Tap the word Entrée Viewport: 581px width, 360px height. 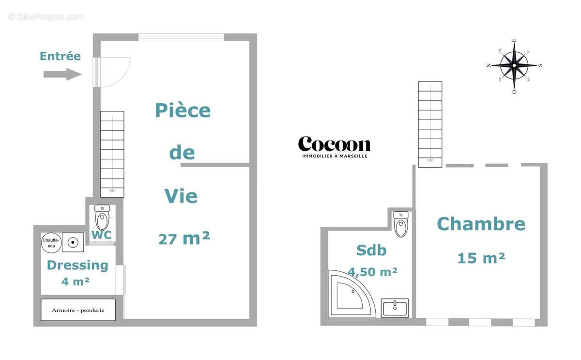pos(60,56)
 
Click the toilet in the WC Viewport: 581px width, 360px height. pos(102,218)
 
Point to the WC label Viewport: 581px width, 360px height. pos(102,235)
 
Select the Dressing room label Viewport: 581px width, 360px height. pos(77,265)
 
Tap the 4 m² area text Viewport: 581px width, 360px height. pos(76,281)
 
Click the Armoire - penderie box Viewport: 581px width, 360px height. pos(78,310)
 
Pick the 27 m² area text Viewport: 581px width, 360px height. pos(184,238)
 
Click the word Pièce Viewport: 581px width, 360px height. pos(183,111)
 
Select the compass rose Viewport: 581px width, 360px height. pos(514,65)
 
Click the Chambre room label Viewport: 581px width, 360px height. pos(481,224)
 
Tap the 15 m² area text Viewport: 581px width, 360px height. pos(481,258)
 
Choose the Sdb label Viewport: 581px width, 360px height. pos(371,250)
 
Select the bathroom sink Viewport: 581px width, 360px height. pos(395,308)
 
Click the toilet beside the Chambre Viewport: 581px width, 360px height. pos(401,224)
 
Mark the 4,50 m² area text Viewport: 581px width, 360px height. pos(373,272)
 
